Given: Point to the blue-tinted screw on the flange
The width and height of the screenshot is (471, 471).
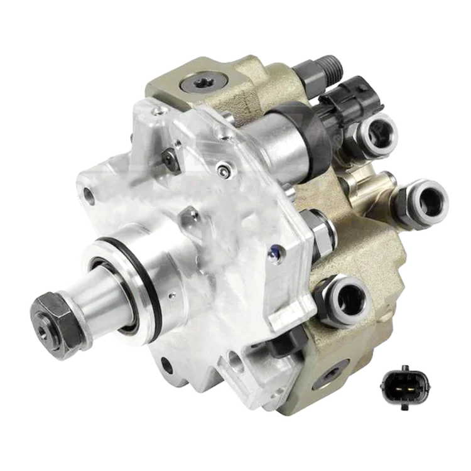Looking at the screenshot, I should click(271, 252).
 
